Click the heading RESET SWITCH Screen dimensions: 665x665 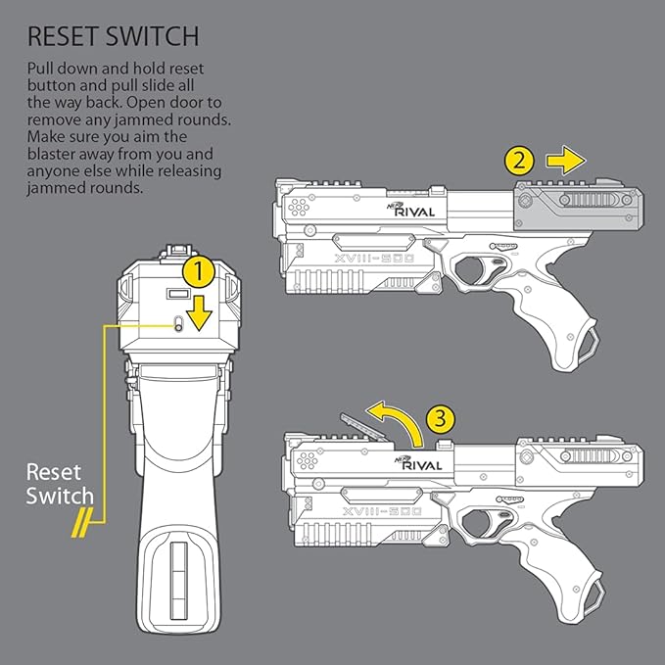(x=113, y=37)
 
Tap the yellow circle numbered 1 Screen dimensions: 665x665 (x=200, y=266)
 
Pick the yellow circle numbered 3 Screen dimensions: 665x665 (x=443, y=418)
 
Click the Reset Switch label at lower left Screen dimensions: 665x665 (x=60, y=483)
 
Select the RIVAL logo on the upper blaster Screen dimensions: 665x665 (x=418, y=209)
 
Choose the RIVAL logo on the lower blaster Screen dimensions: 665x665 (x=418, y=464)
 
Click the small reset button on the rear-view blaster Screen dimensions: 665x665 (x=178, y=326)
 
